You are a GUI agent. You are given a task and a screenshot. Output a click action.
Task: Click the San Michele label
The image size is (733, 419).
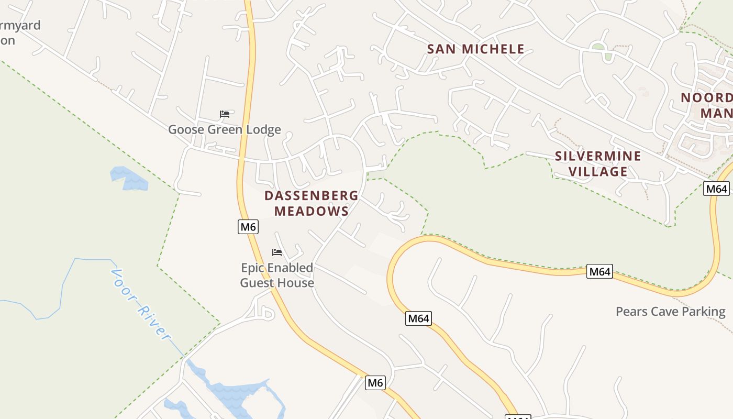(x=475, y=49)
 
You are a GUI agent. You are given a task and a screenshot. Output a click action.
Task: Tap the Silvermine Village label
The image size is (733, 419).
(x=598, y=163)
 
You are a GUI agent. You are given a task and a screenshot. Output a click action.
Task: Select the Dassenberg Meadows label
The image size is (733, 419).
(x=312, y=203)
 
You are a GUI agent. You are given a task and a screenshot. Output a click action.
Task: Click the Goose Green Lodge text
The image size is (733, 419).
(x=224, y=129)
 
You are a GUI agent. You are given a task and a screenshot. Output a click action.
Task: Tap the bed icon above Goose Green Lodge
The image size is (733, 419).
(x=225, y=114)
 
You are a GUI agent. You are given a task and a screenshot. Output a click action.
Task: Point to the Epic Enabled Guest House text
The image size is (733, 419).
(x=277, y=275)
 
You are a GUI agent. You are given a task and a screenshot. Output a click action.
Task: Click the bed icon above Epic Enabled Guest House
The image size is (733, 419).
(x=277, y=252)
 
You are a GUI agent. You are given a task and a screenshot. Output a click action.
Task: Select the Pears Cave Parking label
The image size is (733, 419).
(x=670, y=312)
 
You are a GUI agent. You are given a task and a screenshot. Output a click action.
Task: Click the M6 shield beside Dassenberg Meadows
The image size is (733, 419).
(x=248, y=227)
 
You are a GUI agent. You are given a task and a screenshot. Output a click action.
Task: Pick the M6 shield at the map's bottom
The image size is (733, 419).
(x=375, y=383)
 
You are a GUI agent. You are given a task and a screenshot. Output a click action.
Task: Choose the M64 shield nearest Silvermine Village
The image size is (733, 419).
(x=716, y=189)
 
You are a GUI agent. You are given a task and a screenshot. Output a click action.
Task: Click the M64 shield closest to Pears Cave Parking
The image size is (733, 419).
(x=599, y=271)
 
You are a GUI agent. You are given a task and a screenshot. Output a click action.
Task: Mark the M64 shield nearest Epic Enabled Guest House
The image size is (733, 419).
(x=418, y=318)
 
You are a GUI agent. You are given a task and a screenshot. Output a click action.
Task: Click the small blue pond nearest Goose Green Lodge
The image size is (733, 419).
(x=129, y=178)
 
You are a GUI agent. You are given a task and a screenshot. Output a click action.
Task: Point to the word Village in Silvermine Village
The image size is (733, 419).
(x=598, y=171)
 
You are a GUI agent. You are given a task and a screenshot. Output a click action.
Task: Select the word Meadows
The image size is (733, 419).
(x=312, y=211)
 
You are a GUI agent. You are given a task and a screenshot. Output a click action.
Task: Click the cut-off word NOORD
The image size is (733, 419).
(x=706, y=98)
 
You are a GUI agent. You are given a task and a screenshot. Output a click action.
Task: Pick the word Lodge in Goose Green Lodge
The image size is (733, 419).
(x=263, y=129)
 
